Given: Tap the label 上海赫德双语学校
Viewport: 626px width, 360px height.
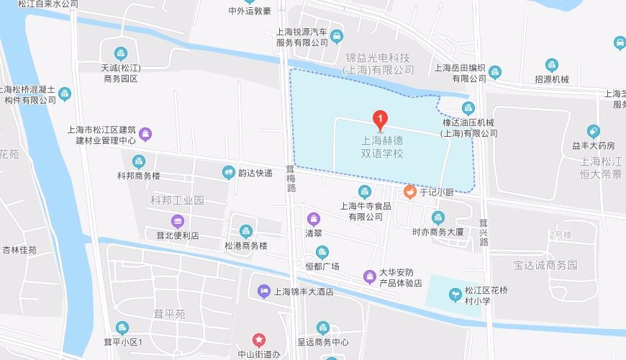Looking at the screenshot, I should coord(382,148).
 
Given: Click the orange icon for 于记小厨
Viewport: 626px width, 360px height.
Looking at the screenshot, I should coord(409,192).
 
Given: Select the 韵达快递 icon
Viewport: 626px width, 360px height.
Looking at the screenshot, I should coord(228,172).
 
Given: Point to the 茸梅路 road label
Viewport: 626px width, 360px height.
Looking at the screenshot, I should coord(291,179).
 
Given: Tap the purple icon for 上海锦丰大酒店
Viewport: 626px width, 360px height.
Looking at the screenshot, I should coord(263,292).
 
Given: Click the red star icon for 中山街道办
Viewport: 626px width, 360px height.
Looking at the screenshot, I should coord(258,340).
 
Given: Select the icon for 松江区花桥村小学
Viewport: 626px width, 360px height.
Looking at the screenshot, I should coord(455,294).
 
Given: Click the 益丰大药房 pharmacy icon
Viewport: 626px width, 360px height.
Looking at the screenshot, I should coord(593,132).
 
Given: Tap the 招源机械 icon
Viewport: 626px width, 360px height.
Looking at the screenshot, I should coord(552,66).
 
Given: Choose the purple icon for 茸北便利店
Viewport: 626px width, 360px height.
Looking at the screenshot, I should coord(178,221).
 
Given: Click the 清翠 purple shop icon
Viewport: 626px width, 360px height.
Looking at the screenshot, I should coord(313,219).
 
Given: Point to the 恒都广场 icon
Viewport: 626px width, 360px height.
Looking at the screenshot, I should coord(322,252).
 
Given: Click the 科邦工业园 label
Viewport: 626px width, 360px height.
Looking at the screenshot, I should coord(178,199).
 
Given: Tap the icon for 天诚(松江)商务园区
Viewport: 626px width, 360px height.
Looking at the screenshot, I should coord(121,53).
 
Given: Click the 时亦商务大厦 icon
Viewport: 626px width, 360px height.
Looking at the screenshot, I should coord(437,217).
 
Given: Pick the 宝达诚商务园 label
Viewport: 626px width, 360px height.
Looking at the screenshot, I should coord(545,265).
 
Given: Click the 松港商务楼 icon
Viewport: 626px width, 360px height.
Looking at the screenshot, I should coord(245,231).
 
